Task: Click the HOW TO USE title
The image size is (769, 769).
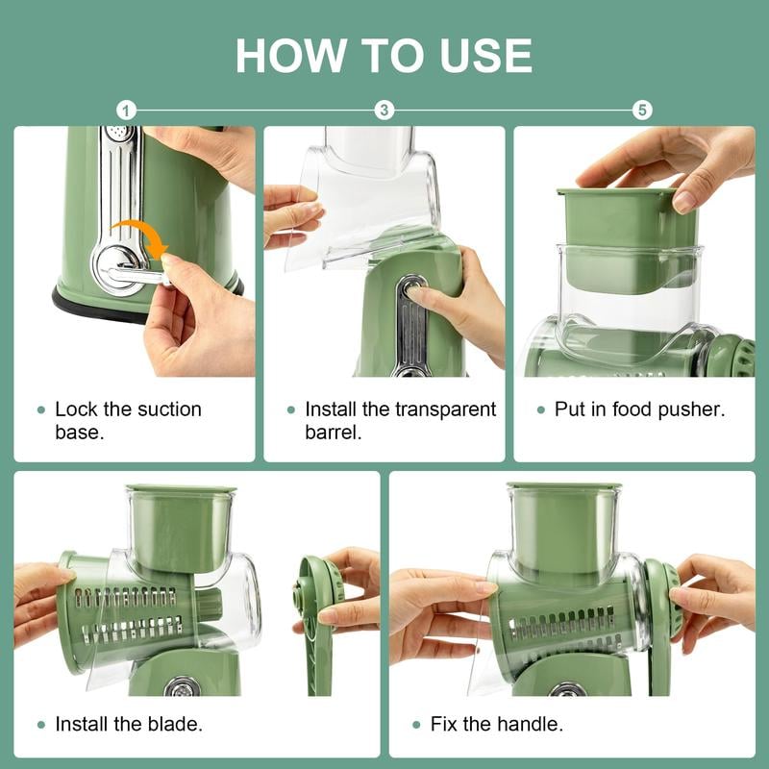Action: (x=384, y=55)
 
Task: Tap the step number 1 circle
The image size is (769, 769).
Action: (x=127, y=110)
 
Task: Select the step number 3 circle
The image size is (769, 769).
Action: (x=384, y=110)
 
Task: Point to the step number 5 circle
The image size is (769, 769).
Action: (x=642, y=110)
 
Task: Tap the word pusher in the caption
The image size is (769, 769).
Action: (x=691, y=409)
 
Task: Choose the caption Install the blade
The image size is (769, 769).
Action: (x=128, y=724)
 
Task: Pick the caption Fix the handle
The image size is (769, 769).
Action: (x=501, y=724)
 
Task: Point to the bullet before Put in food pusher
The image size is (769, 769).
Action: (x=540, y=410)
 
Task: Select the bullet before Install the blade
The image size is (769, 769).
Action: (x=40, y=725)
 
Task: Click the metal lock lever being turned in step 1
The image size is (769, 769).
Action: (x=135, y=274)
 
